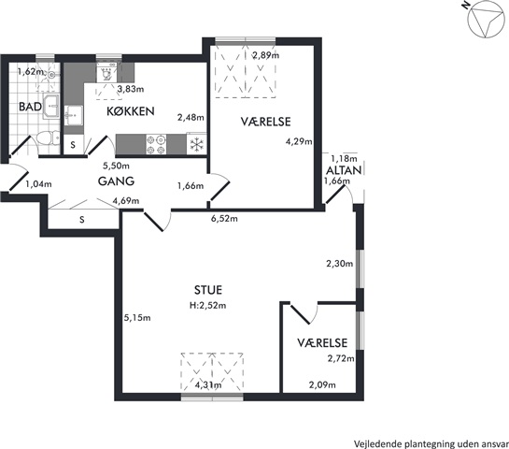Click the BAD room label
(x=30, y=107)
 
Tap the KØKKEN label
(x=131, y=111)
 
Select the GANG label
(x=116, y=181)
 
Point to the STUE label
(x=208, y=290)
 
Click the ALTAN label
(x=344, y=170)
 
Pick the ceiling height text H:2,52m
(x=208, y=305)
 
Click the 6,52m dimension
(x=224, y=219)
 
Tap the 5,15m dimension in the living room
(x=137, y=318)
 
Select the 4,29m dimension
(x=299, y=142)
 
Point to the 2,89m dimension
(x=266, y=55)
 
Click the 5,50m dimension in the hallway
(x=116, y=166)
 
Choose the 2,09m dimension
(x=322, y=385)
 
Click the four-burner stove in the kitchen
(x=156, y=144)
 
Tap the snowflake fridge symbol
(x=196, y=144)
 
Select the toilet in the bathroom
(x=48, y=139)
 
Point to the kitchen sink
(x=74, y=115)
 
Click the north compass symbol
(x=486, y=21)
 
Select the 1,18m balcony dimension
(x=344, y=159)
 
